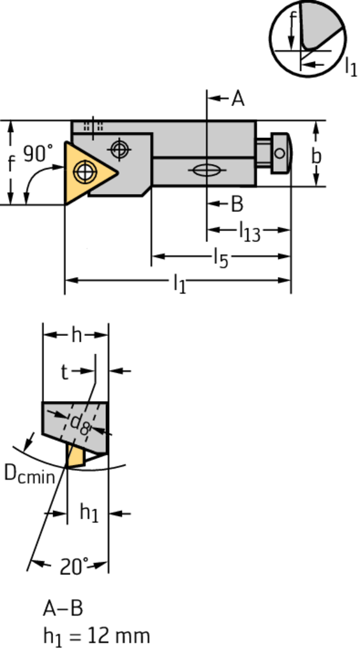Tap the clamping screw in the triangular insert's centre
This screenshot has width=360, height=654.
(x=85, y=171)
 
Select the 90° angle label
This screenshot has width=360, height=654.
(x=38, y=153)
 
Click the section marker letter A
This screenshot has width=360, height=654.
(x=237, y=99)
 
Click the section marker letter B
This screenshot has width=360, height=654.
(x=237, y=204)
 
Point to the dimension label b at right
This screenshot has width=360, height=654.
(x=317, y=156)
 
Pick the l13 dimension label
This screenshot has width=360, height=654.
(x=250, y=231)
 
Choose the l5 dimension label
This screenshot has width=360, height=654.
(x=221, y=259)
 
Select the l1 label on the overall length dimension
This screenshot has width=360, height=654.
(x=179, y=284)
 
